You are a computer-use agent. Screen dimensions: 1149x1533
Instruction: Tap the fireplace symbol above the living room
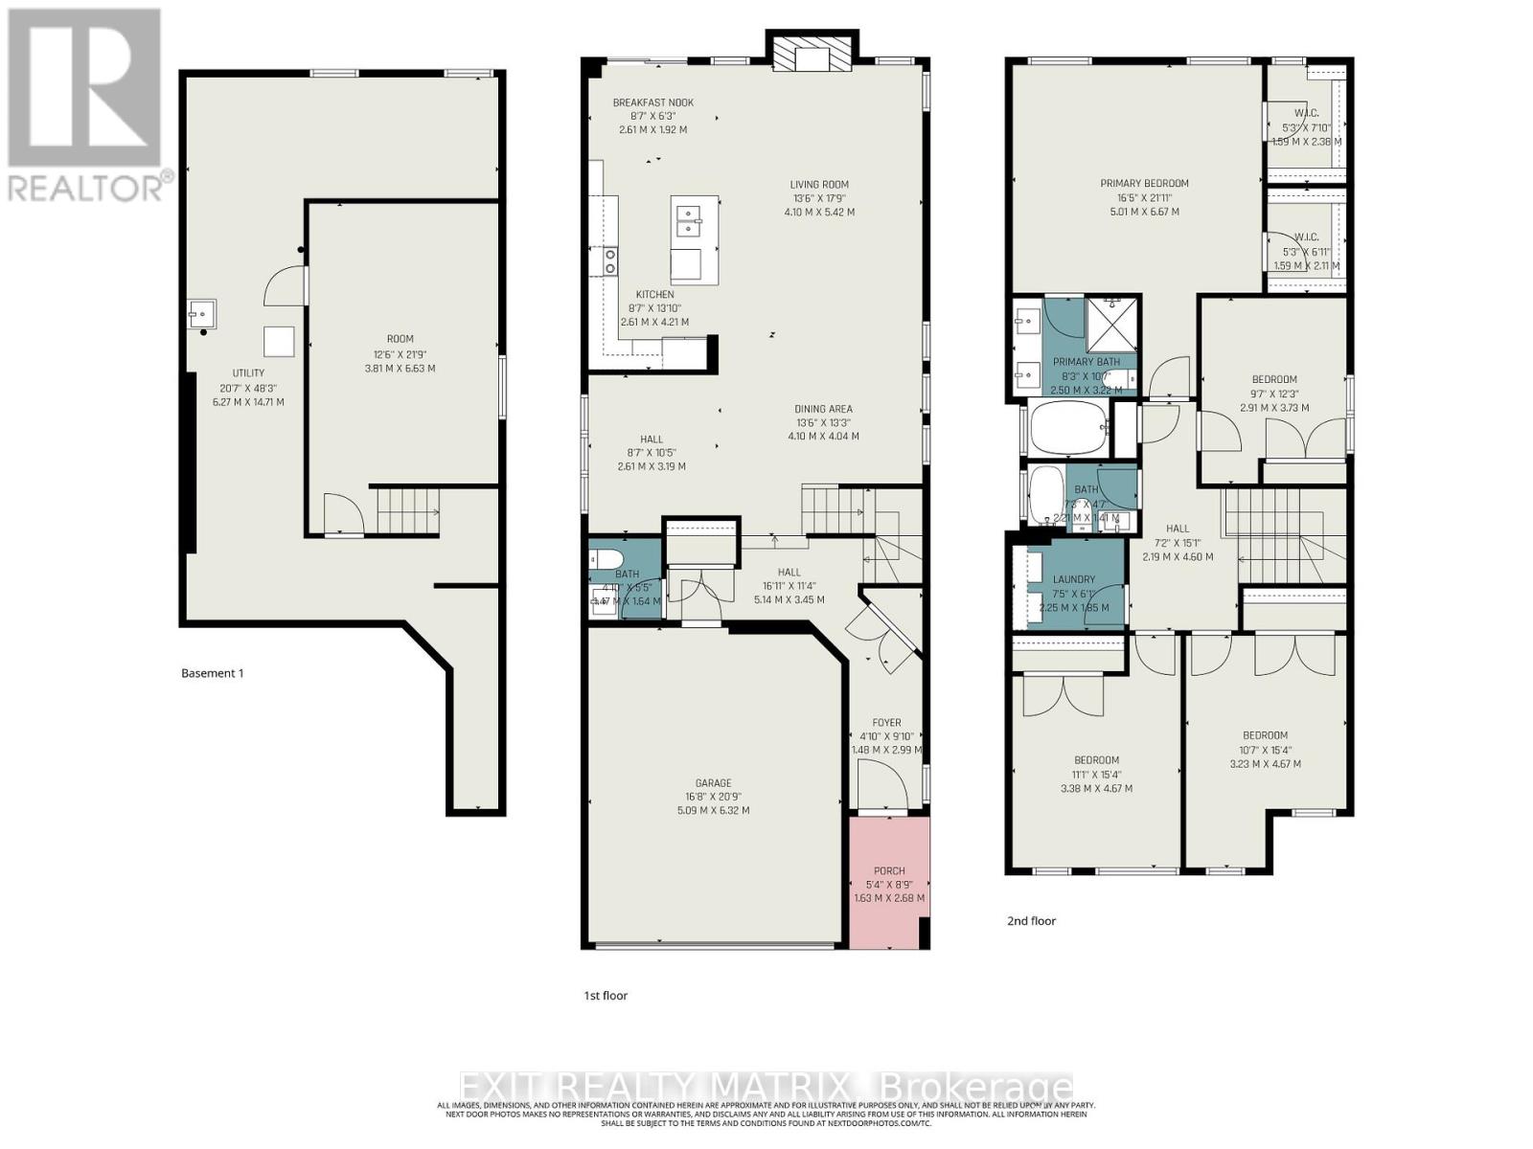click(x=811, y=55)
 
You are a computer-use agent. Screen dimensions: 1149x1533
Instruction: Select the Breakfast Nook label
click(x=652, y=102)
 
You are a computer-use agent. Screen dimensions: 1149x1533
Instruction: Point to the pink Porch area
click(x=888, y=883)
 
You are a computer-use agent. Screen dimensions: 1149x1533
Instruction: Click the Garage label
click(x=713, y=782)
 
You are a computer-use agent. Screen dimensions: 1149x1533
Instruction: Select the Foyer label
click(x=886, y=723)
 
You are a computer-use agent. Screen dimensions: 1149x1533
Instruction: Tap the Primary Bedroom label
click(x=1144, y=183)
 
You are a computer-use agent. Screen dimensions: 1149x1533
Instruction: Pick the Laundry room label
click(x=1073, y=579)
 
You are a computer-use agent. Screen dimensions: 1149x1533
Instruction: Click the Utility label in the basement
click(x=248, y=373)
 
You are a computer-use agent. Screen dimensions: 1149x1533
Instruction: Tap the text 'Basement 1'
click(x=212, y=673)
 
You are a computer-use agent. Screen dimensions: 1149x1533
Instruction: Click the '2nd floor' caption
click(x=1031, y=921)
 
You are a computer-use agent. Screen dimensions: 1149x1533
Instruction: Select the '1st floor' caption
click(x=606, y=996)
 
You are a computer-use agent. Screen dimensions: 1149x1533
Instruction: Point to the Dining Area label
click(x=823, y=409)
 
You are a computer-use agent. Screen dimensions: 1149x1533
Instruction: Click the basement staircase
click(x=406, y=510)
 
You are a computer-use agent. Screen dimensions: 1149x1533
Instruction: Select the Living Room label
click(x=819, y=185)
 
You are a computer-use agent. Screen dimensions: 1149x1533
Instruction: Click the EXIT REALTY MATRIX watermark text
click(x=766, y=1089)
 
